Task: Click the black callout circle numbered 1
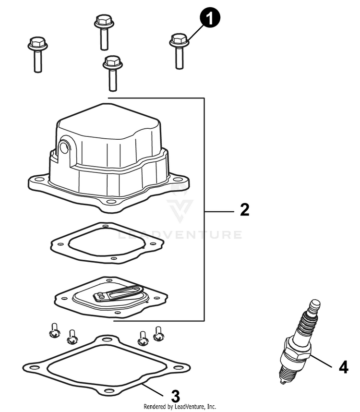click(210, 20)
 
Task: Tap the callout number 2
click(244, 210)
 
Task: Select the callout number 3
click(176, 397)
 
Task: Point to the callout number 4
click(343, 367)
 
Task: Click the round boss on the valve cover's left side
click(63, 147)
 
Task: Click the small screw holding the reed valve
click(100, 295)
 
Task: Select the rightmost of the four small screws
click(158, 333)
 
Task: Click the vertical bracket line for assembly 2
click(205, 210)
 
